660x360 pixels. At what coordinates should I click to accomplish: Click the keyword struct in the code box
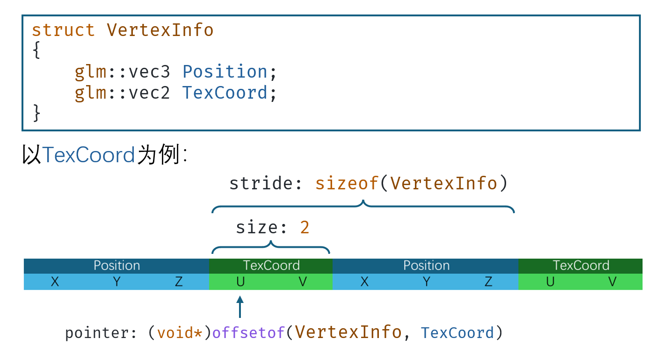pyautogui.click(x=63, y=30)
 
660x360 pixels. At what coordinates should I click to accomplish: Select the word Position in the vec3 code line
pyautogui.click(x=225, y=72)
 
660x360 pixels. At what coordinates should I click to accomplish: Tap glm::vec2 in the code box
pyautogui.click(x=123, y=93)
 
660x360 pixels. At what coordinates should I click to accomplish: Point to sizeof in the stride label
pyautogui.click(x=346, y=183)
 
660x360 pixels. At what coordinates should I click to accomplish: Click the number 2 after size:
pyautogui.click(x=305, y=228)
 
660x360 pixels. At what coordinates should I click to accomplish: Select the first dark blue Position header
pyautogui.click(x=116, y=266)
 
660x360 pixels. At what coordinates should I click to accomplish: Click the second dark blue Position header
pyautogui.click(x=426, y=266)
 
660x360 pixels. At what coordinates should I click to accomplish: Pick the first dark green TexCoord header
pyautogui.click(x=271, y=266)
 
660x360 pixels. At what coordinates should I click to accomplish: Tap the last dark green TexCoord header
pyautogui.click(x=581, y=266)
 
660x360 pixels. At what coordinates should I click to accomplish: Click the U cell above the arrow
pyautogui.click(x=240, y=282)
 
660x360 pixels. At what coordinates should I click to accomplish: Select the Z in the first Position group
pyautogui.click(x=179, y=282)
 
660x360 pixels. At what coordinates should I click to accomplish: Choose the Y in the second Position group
pyautogui.click(x=427, y=282)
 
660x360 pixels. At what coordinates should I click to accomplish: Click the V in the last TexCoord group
pyautogui.click(x=612, y=282)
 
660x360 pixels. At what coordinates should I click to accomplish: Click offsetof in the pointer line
pyautogui.click(x=248, y=333)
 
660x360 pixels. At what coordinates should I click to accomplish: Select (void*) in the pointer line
pyautogui.click(x=180, y=333)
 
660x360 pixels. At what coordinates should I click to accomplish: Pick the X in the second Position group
pyautogui.click(x=365, y=282)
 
